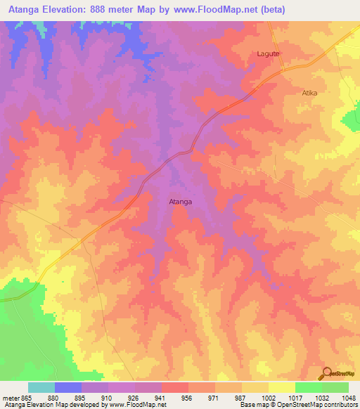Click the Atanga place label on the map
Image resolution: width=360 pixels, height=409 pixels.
click(x=181, y=202)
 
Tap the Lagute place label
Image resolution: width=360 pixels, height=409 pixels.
click(x=268, y=53)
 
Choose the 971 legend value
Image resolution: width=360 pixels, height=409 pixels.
click(x=215, y=398)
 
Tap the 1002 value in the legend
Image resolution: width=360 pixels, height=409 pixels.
click(x=269, y=398)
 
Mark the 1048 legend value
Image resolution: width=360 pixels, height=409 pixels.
click(x=349, y=398)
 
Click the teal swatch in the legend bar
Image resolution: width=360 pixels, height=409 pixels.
click(x=41, y=387)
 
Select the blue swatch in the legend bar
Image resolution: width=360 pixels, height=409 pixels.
click(x=68, y=387)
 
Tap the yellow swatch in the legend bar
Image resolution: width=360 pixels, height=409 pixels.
click(x=281, y=387)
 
